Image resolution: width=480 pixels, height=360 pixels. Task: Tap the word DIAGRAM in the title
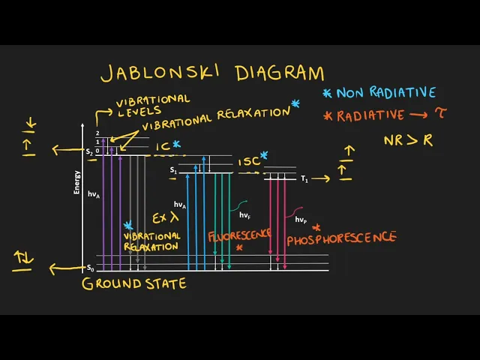click(279, 73)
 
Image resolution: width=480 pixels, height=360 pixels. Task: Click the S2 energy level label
click(89, 152)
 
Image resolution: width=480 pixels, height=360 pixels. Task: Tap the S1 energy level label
click(173, 171)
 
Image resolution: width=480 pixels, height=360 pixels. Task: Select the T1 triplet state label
click(304, 178)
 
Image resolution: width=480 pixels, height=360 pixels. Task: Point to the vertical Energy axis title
click(76, 182)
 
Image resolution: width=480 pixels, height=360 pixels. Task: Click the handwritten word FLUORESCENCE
click(239, 235)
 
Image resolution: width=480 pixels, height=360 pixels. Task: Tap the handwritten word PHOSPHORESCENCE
click(341, 238)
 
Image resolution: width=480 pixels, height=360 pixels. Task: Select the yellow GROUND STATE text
click(133, 283)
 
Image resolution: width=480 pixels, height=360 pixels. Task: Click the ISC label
click(249, 162)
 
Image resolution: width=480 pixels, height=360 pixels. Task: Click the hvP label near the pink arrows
click(301, 220)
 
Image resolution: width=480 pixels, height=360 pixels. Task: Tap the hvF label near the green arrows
click(244, 215)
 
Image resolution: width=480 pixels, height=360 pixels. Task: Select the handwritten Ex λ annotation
click(165, 218)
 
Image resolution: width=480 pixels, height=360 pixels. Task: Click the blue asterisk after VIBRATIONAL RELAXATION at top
click(295, 105)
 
